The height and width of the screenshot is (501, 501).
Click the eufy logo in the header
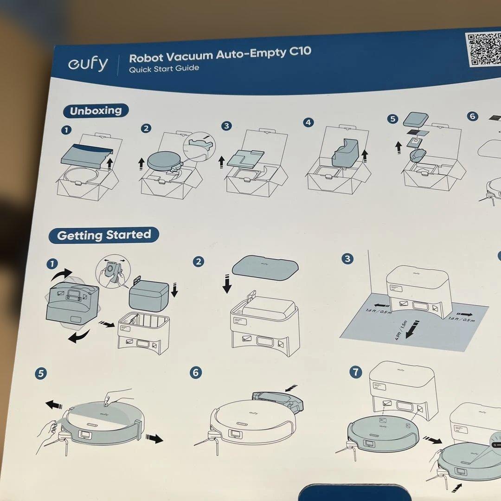click(x=88, y=64)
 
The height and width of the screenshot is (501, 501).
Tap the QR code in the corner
click(x=484, y=50)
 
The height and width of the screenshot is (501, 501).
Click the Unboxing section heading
click(x=96, y=111)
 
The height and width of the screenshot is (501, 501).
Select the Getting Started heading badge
click(x=104, y=235)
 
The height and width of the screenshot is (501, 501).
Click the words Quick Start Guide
click(x=164, y=69)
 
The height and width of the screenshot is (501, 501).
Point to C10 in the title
click(x=300, y=51)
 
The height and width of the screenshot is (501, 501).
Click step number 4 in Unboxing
click(x=308, y=122)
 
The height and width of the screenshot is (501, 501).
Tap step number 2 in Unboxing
click(x=146, y=128)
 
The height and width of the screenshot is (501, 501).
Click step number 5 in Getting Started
click(x=41, y=373)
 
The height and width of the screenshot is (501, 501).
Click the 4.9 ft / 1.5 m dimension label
click(x=402, y=330)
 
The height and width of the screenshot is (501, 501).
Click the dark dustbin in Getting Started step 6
click(x=277, y=398)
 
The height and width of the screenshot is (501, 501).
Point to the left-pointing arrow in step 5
click(x=54, y=405)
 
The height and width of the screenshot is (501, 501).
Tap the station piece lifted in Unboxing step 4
click(x=347, y=151)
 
